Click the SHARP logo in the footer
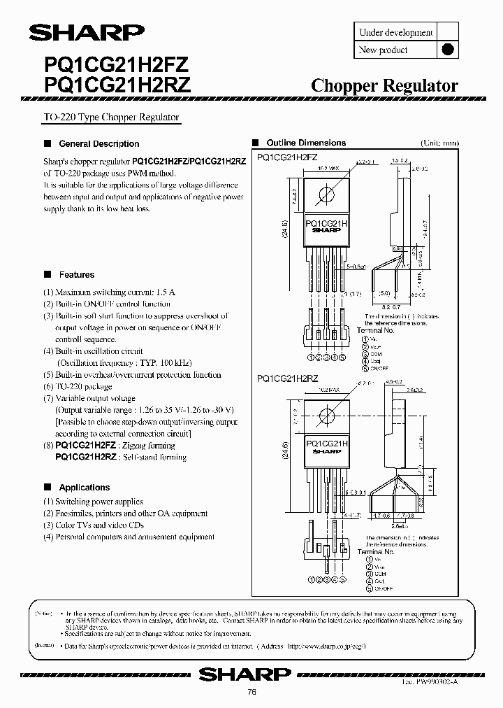click(x=244, y=674)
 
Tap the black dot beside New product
click(x=449, y=50)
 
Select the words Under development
click(x=395, y=32)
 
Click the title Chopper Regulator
click(x=384, y=86)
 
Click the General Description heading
click(x=99, y=143)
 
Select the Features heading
click(x=76, y=275)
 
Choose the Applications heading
click(x=84, y=488)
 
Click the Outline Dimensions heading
click(x=306, y=143)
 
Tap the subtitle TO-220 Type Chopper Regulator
click(x=111, y=118)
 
